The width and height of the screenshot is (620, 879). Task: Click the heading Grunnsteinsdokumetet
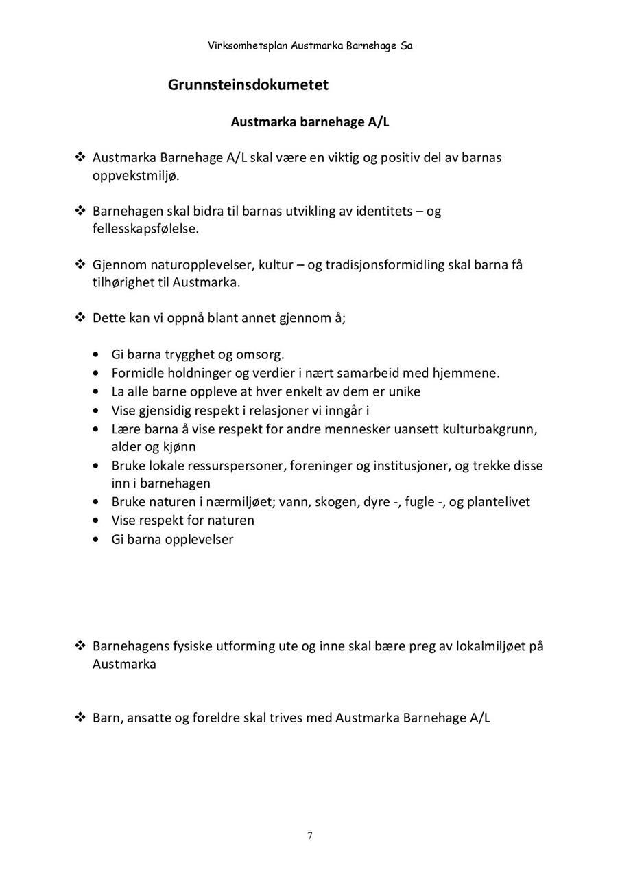(248, 84)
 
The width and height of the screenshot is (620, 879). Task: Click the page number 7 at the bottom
(310, 836)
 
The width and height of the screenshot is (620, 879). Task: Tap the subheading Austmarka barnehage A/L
(310, 122)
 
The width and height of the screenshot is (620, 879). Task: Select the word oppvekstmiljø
(135, 176)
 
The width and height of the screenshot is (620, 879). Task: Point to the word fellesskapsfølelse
(145, 229)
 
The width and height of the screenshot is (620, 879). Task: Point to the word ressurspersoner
(237, 466)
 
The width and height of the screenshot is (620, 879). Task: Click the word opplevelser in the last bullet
(199, 539)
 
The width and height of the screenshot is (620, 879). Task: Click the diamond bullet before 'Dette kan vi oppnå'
(80, 317)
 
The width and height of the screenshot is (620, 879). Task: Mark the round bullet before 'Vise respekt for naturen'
(96, 521)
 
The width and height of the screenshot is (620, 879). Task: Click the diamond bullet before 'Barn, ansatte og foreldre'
(80, 718)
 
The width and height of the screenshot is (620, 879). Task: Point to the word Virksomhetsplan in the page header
(248, 46)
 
